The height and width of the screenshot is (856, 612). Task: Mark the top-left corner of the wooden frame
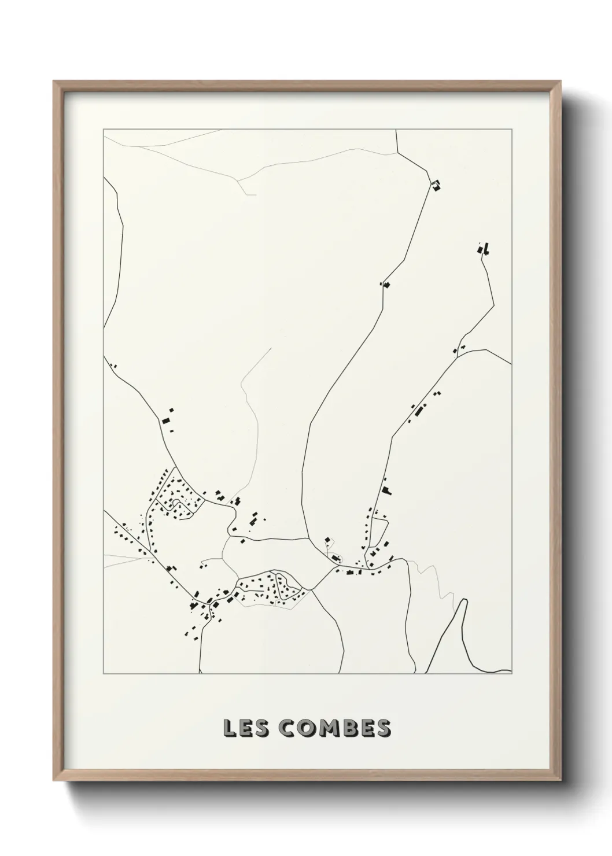click(x=54, y=82)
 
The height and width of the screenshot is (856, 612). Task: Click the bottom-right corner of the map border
click(x=512, y=674)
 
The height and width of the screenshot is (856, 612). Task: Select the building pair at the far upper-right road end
click(x=484, y=249)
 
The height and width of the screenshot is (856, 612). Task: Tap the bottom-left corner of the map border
click(x=104, y=674)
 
